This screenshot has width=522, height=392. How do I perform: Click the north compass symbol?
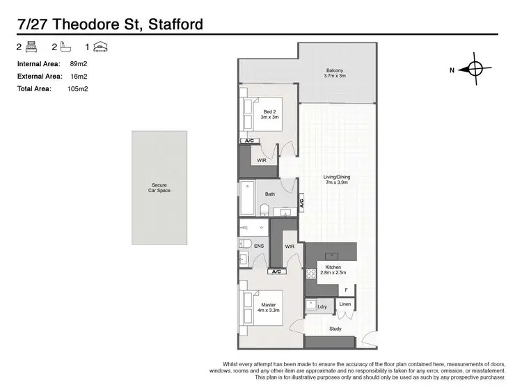pos(475,69)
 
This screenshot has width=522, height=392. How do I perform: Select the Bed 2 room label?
pos(270,114)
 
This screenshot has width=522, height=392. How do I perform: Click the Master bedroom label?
pos(269,308)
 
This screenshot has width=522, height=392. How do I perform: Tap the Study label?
pos(335,329)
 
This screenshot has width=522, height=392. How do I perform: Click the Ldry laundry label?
pos(322,306)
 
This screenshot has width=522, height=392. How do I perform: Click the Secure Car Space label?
pos(159,187)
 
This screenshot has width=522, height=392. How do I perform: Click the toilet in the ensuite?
pos(245,244)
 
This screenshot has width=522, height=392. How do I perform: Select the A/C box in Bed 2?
pos(249,141)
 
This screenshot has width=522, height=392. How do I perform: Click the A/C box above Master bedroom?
pos(276,272)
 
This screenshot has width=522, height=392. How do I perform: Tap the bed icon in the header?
pos(31,47)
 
